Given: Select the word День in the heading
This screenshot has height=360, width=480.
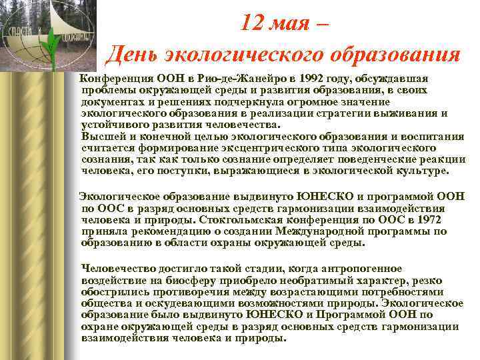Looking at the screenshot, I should click(134, 54).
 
